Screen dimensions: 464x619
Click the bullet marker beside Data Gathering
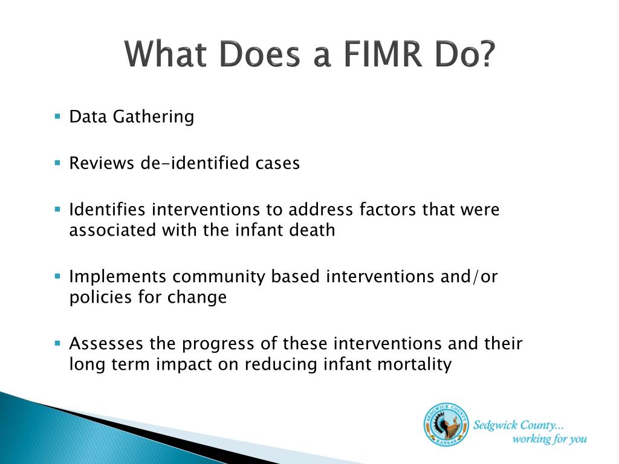pos(57,115)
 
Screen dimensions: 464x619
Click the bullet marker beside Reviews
pos(57,163)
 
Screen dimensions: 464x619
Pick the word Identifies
pos(107,210)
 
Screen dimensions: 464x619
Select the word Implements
pos(117,277)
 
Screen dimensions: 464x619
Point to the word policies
pos(95,298)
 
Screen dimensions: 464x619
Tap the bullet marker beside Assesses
pos(57,343)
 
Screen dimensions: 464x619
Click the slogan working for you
pos(549,439)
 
